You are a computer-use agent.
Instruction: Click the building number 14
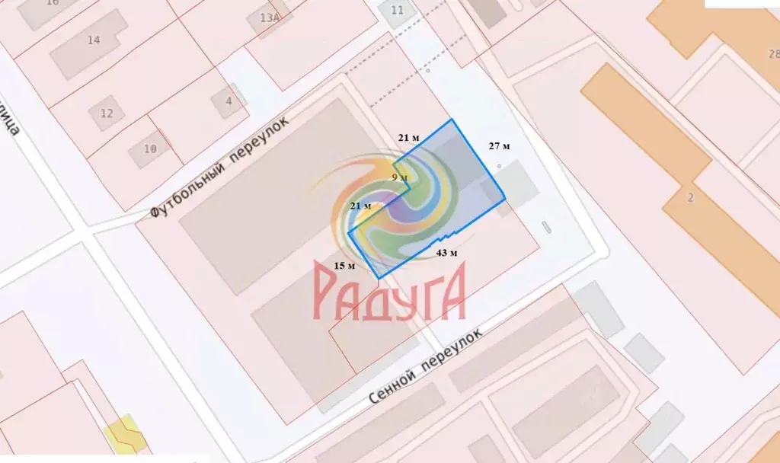(x=94, y=40)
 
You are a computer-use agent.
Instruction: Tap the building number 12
(x=107, y=113)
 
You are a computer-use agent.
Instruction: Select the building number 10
(x=150, y=149)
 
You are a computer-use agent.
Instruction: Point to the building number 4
(x=228, y=101)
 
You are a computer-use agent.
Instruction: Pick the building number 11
(x=397, y=10)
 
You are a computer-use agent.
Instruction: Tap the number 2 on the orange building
(x=690, y=198)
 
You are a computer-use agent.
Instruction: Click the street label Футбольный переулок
(x=220, y=167)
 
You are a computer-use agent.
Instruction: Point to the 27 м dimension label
(x=499, y=145)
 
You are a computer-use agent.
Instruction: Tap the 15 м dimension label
(x=345, y=266)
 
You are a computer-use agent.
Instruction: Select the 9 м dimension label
(x=399, y=177)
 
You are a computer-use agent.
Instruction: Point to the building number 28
(x=774, y=54)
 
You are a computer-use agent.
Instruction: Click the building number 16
(x=53, y=3)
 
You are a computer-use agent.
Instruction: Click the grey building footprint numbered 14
(x=85, y=52)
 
